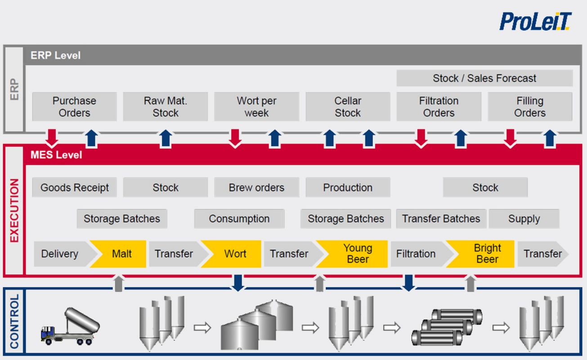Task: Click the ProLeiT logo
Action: (536, 22)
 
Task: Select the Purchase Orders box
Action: (74, 107)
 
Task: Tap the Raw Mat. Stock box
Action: (166, 107)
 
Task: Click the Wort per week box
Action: (256, 107)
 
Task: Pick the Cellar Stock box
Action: (348, 107)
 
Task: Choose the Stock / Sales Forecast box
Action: (484, 78)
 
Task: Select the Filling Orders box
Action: (530, 107)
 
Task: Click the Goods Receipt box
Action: (74, 187)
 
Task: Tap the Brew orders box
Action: (256, 187)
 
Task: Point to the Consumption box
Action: (239, 219)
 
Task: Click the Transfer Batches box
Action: (441, 219)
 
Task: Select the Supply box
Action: (524, 219)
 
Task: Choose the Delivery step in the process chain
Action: (65, 254)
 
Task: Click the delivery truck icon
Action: (70, 326)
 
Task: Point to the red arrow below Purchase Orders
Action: (52, 138)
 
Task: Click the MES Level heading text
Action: (56, 155)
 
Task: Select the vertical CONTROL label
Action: (14, 321)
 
